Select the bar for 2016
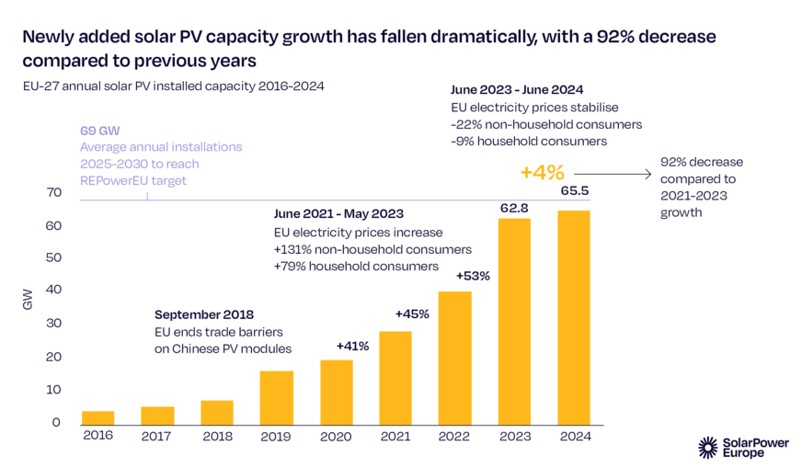click(97, 417)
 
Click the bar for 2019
click(277, 397)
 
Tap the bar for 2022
click(455, 358)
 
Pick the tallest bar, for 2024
click(574, 317)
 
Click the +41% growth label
click(352, 347)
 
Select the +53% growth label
click(472, 276)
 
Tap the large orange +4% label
click(542, 172)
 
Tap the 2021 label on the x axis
click(395, 436)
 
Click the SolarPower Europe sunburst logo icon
click(707, 447)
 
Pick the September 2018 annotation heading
click(203, 314)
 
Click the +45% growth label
click(412, 314)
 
